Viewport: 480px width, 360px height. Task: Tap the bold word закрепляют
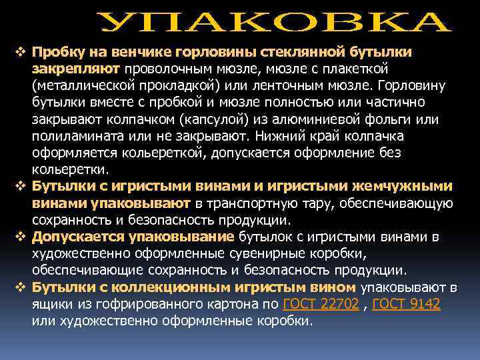[x=75, y=69]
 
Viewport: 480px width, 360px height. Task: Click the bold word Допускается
[x=74, y=237]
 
